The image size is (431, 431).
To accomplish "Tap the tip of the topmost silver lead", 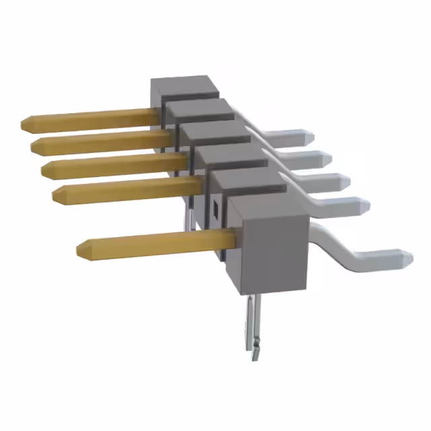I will click(310, 137).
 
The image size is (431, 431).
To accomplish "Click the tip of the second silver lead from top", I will click(328, 159).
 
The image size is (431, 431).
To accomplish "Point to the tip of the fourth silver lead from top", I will click(366, 203).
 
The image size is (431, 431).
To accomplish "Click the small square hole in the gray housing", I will click(215, 207).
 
